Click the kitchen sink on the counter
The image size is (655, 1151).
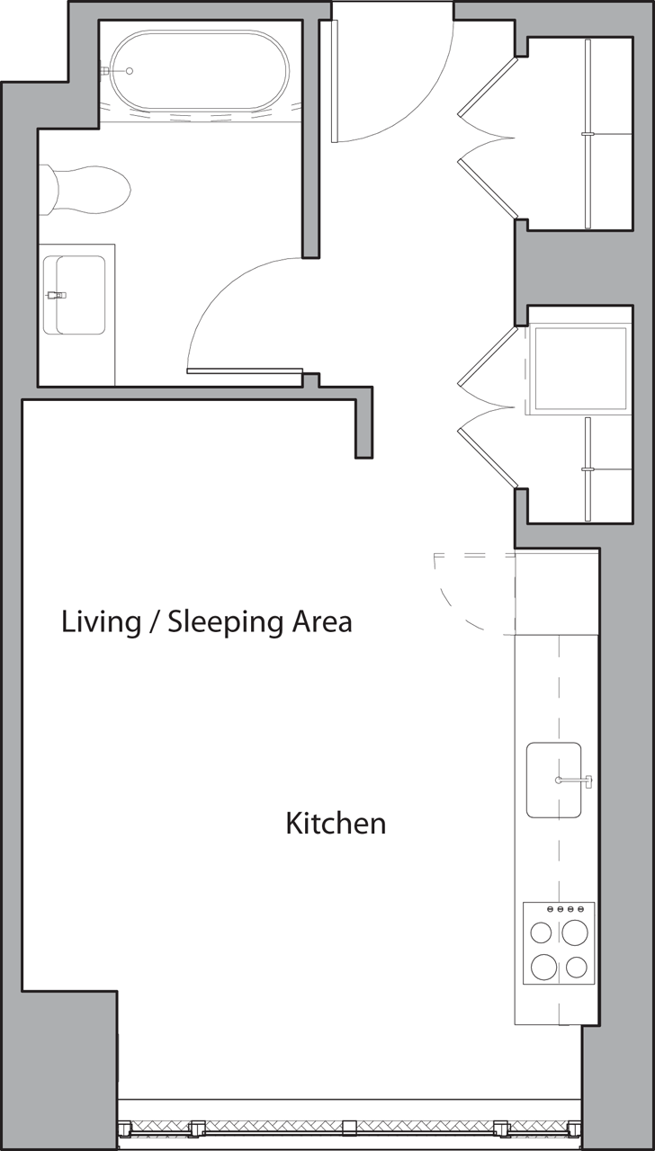[553, 780]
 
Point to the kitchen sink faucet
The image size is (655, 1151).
[576, 781]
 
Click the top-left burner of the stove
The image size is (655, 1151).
[542, 932]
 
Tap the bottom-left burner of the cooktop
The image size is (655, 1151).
[543, 967]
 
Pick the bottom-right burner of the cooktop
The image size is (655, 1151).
[577, 968]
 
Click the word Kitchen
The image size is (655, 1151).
[336, 823]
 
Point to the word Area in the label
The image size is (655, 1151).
[322, 621]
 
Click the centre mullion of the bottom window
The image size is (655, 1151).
[348, 1128]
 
